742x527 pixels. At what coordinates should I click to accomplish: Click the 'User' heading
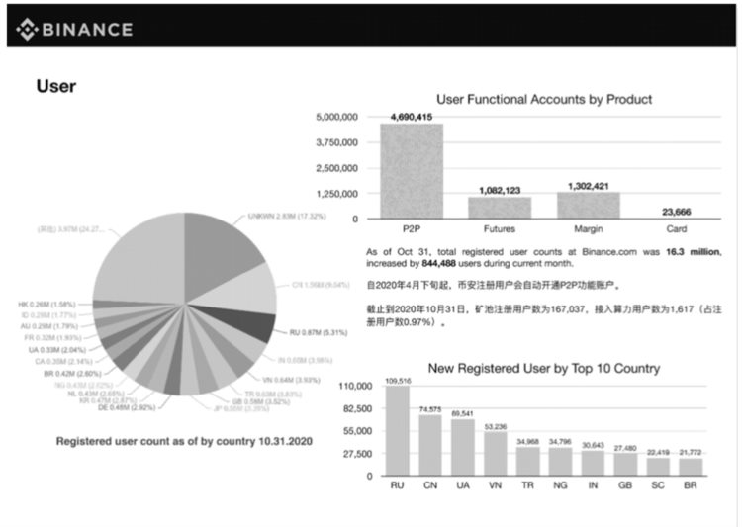point(56,86)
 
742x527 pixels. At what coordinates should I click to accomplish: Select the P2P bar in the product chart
point(412,170)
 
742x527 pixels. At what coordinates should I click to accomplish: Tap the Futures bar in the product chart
point(500,207)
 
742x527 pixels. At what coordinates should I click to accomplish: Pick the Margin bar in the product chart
point(589,205)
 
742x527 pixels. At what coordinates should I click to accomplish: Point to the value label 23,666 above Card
point(676,210)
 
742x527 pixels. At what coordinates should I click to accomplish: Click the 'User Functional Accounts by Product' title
point(544,99)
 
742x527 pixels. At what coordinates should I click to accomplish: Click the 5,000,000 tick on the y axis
point(335,118)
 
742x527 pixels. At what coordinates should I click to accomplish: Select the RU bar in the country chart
point(398,430)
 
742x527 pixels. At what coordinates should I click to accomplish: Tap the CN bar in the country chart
point(430,445)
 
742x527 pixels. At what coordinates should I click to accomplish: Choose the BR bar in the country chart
point(691,466)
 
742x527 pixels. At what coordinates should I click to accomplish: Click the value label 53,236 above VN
point(496,426)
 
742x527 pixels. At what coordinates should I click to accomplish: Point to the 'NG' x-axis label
point(561,486)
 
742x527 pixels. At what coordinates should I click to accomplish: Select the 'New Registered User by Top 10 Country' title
point(544,369)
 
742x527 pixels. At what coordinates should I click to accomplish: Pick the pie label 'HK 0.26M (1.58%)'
point(47,304)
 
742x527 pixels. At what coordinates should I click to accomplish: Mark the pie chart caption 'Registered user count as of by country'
point(184,441)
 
